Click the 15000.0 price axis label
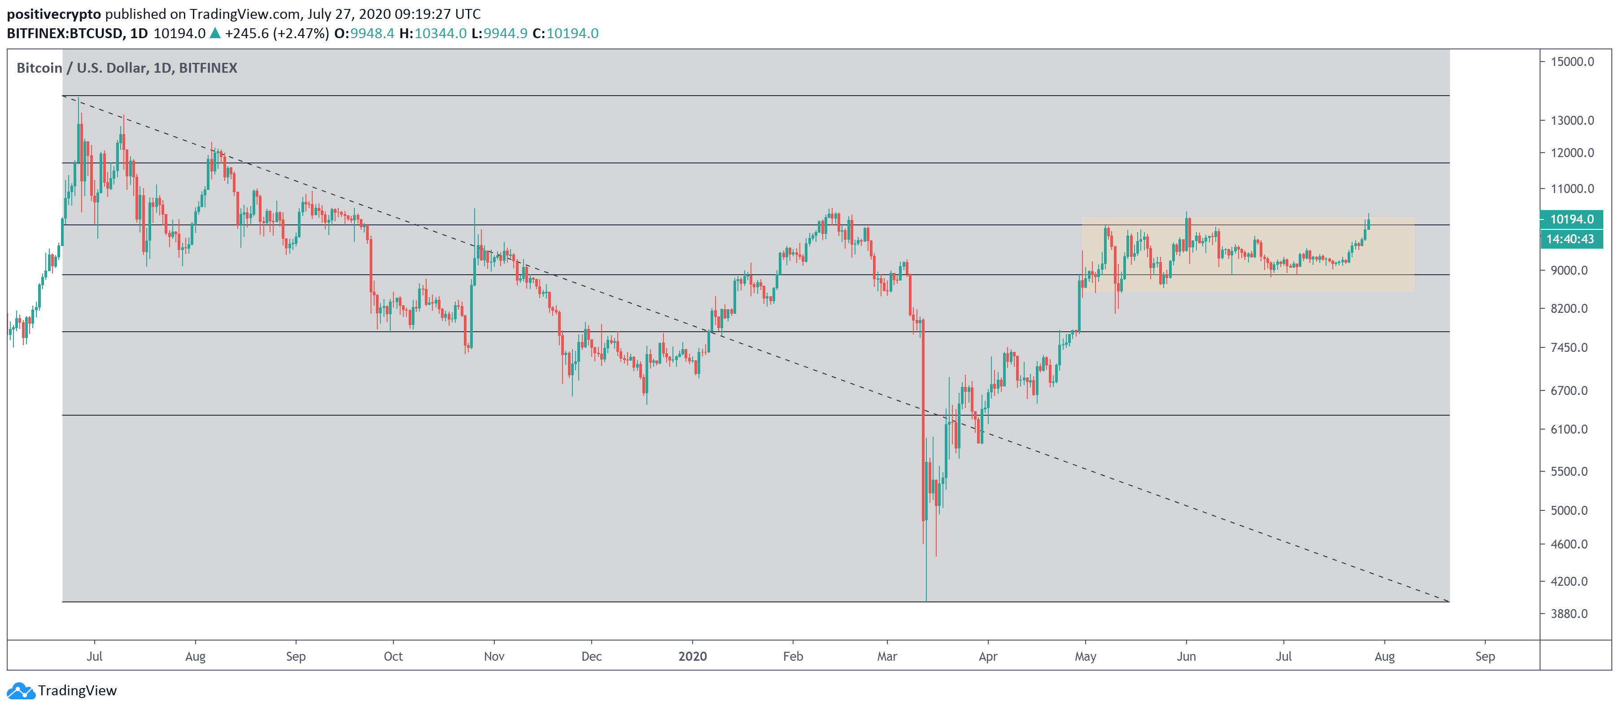coord(1572,61)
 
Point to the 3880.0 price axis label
coord(1569,614)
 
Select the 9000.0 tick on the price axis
coord(1569,270)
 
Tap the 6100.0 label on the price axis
coord(1569,430)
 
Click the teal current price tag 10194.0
coord(1571,219)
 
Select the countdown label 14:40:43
coord(1570,239)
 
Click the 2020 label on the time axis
coord(693,656)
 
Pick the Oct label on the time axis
coord(393,656)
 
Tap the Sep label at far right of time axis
coord(1484,656)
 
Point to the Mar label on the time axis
coord(887,656)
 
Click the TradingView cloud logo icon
coord(20,691)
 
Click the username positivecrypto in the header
coord(53,14)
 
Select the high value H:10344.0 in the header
coord(433,33)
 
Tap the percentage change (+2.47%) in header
coord(301,33)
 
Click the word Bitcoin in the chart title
coord(39,68)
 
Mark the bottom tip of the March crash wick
coord(926,599)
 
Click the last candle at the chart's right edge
coord(1368,223)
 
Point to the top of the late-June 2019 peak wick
coord(79,99)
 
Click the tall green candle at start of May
coord(1079,305)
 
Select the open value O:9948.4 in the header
coord(364,33)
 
